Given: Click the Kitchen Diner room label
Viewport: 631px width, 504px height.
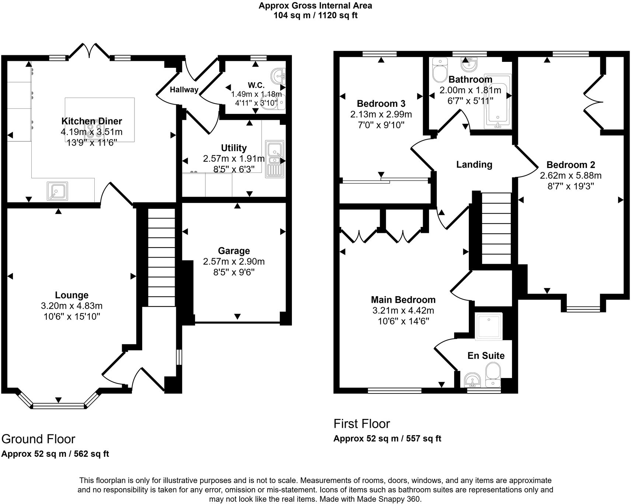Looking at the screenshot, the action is pos(91,121).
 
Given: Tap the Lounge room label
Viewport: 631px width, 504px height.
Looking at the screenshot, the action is pos(72,295).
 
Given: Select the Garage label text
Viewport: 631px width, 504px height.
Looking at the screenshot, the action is pos(234,251).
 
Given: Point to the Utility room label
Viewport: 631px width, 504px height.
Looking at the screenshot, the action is pos(234,148).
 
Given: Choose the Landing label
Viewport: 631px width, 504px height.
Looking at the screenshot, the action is pos(474,164).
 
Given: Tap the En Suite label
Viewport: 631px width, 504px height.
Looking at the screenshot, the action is pos(486,356).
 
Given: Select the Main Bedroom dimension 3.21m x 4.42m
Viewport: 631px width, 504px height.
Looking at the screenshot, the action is pos(403,311).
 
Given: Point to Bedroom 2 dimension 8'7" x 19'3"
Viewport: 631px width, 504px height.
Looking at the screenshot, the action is pos(571,186).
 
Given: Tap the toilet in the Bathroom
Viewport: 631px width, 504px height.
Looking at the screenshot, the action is pos(439,70).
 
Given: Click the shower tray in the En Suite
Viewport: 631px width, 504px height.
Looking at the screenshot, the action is pos(489,326).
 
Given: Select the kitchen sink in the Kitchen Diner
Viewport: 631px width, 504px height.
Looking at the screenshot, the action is pos(57,191).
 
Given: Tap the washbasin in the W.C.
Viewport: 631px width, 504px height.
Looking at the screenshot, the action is pos(278,76).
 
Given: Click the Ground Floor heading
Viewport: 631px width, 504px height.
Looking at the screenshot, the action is pos(38,439).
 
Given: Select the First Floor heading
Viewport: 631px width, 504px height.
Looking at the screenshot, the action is pos(362,424).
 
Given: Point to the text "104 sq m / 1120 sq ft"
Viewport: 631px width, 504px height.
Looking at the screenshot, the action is pos(315,15).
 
